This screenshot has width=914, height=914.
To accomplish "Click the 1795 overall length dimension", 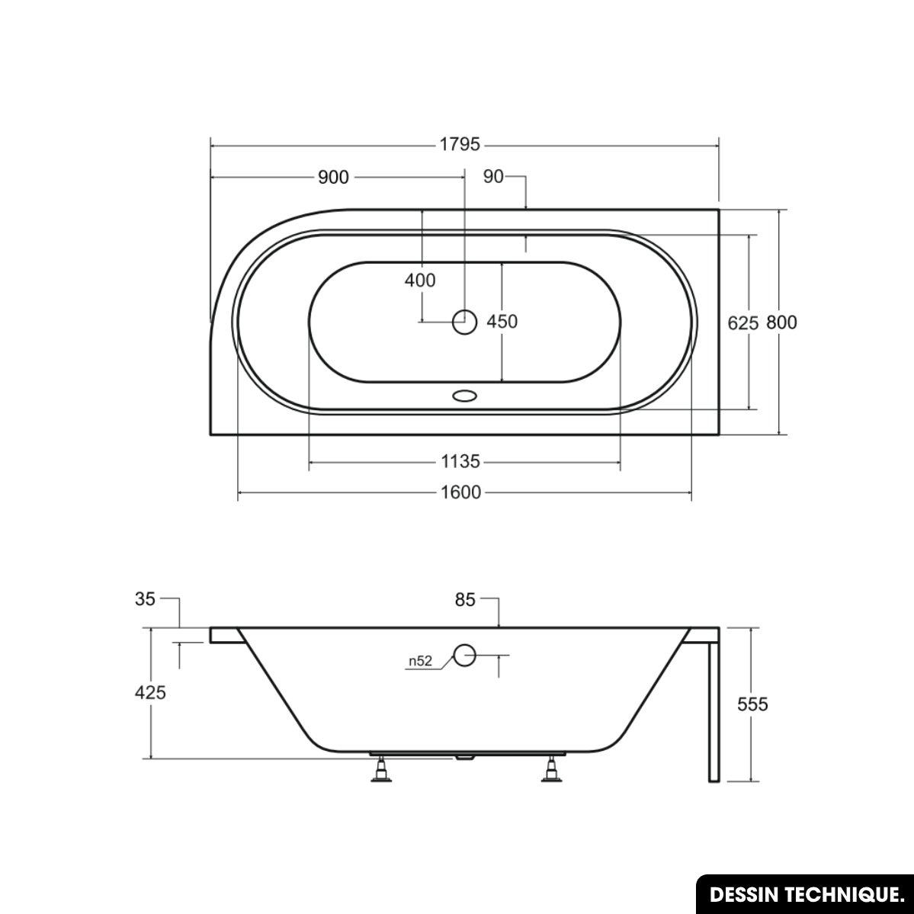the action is pyautogui.click(x=460, y=144).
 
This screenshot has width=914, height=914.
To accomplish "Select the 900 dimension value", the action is pyautogui.click(x=333, y=177).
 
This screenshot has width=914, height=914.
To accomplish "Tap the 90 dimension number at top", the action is pyautogui.click(x=493, y=176).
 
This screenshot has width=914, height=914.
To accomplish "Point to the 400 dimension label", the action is pyautogui.click(x=420, y=281).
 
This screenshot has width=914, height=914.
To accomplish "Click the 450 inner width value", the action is pyautogui.click(x=502, y=321).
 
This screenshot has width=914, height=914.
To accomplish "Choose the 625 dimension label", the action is pyautogui.click(x=743, y=322).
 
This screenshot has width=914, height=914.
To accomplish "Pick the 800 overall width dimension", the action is pyautogui.click(x=781, y=322).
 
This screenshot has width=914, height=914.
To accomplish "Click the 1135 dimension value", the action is pyautogui.click(x=460, y=462).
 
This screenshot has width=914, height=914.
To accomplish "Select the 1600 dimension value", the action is pyautogui.click(x=460, y=492).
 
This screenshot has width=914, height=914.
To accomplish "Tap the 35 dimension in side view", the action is pyautogui.click(x=145, y=598).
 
